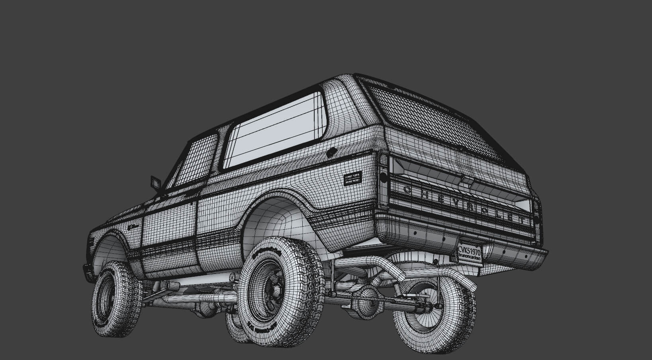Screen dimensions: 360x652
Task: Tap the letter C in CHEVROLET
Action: point(407,190)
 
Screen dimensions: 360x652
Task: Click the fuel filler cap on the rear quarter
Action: point(331,153)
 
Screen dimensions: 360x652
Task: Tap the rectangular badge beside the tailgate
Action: point(352,179)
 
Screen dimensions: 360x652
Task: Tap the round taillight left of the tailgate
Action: point(383,178)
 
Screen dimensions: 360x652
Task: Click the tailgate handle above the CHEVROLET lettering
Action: point(466,181)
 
